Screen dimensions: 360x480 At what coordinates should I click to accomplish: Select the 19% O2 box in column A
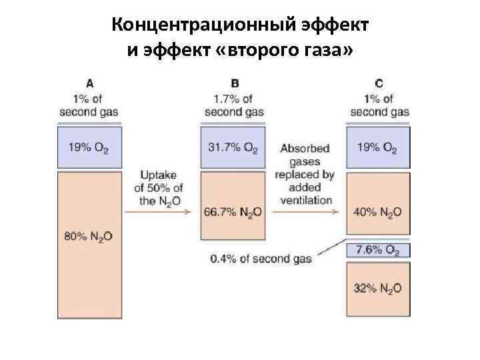[x=89, y=147]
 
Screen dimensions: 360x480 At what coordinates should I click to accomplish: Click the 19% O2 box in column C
[x=379, y=147]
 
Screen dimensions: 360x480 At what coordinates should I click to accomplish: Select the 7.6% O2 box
[x=379, y=250]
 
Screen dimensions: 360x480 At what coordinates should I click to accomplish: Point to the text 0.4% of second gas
[x=261, y=258]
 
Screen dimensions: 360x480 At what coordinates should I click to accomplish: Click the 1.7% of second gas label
[x=234, y=105]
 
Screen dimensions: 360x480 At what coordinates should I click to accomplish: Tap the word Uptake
[x=159, y=174]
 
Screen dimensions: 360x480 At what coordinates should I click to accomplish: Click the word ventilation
[x=306, y=199]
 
